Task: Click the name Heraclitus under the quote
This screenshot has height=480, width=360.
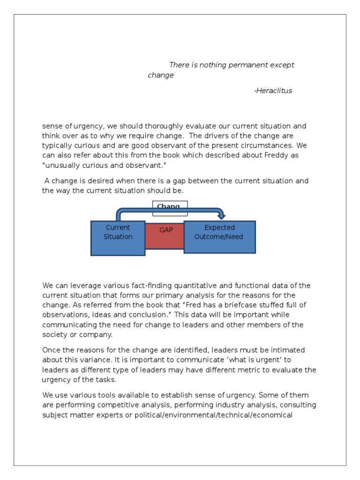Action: pos(274,91)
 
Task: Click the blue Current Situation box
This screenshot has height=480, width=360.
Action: pos(118,238)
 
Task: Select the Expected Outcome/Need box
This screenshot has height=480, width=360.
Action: pos(219,237)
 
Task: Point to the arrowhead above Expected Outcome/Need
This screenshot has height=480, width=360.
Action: pos(222,216)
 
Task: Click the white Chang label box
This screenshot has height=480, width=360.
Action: pos(170,208)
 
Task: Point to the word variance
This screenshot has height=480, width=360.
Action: pos(95,360)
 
